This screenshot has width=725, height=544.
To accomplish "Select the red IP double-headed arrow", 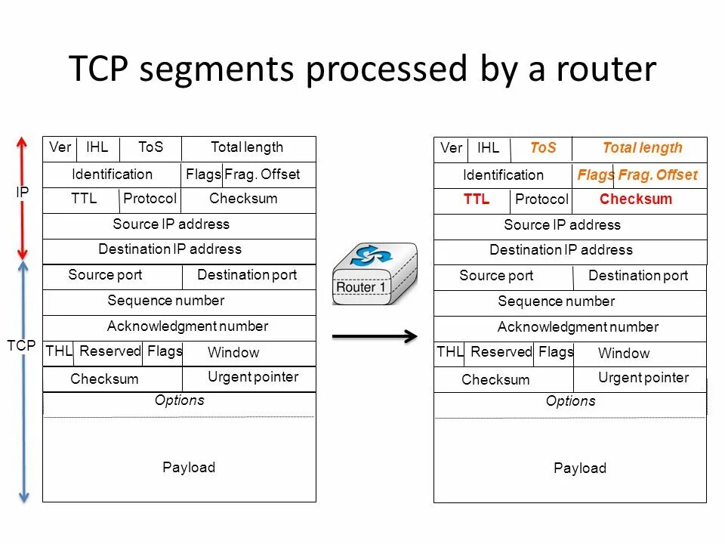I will point(23,198).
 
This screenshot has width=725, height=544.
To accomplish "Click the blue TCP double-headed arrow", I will point(23,382).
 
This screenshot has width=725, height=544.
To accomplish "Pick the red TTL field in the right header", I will point(477,199).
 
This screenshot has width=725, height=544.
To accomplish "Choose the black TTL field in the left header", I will point(84,199).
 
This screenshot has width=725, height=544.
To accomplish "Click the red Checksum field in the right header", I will point(635,199).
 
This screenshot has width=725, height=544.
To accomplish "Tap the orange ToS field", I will point(542,148).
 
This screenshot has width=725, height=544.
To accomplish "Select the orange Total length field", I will point(642,148).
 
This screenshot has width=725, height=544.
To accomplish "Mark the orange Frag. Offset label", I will point(658,175).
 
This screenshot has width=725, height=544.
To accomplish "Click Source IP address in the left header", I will point(171,224).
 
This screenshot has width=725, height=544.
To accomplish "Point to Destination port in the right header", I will point(638,276).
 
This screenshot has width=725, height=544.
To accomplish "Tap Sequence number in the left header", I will point(166,301).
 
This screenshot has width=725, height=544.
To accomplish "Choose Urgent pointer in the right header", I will point(643,378).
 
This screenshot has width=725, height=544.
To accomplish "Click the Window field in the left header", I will point(233,353).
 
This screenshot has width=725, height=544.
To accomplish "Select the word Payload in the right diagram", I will point(579,468).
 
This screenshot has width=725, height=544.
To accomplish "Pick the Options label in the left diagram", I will point(179,400).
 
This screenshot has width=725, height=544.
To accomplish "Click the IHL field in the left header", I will point(97,147).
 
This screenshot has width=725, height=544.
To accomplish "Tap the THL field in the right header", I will point(449,352).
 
